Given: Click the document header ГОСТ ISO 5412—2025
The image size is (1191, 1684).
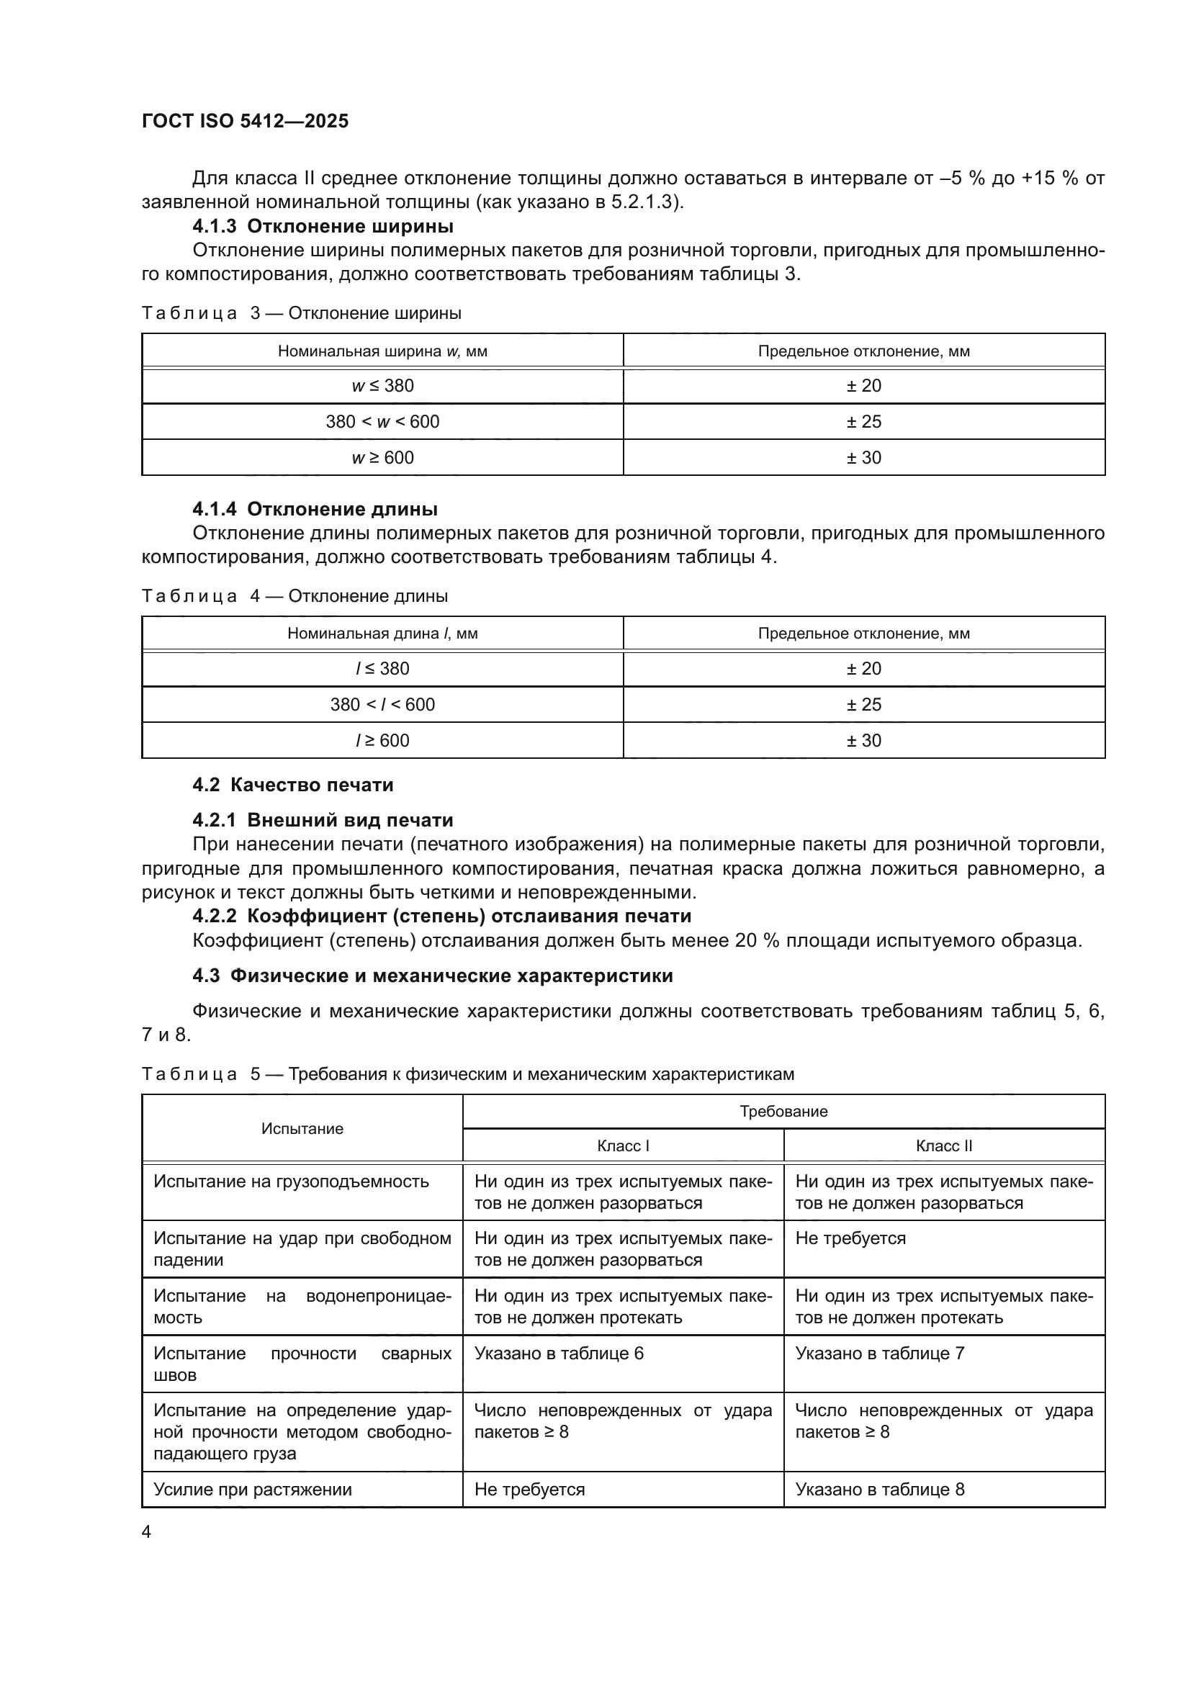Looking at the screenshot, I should click(245, 121).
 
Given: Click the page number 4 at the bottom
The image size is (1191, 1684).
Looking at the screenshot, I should click(146, 1531).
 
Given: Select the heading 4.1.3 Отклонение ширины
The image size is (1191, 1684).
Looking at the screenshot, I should click(323, 226).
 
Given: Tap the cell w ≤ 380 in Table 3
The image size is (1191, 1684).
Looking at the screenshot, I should click(382, 386).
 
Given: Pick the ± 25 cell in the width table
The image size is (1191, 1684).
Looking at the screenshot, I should click(863, 422).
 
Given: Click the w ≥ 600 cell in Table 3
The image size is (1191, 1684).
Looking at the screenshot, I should click(382, 458).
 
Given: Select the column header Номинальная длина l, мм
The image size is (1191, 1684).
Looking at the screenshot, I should click(382, 633).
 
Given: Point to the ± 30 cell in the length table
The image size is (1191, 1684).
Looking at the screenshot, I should click(863, 741).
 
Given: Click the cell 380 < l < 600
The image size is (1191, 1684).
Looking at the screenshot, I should click(382, 705).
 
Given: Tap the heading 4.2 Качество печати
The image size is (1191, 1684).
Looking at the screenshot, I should click(292, 785).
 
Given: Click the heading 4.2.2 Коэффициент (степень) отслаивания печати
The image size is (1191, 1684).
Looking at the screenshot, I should click(441, 916).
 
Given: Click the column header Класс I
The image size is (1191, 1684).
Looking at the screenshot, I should click(623, 1145).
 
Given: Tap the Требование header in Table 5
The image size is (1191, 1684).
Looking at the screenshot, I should click(783, 1111).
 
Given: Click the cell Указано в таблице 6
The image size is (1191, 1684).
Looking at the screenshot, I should click(559, 1354).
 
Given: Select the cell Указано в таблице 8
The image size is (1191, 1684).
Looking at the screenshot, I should click(879, 1490).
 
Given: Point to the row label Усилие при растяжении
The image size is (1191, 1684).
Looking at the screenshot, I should click(252, 1490).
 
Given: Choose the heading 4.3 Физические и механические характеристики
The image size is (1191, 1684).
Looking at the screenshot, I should click(432, 976).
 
